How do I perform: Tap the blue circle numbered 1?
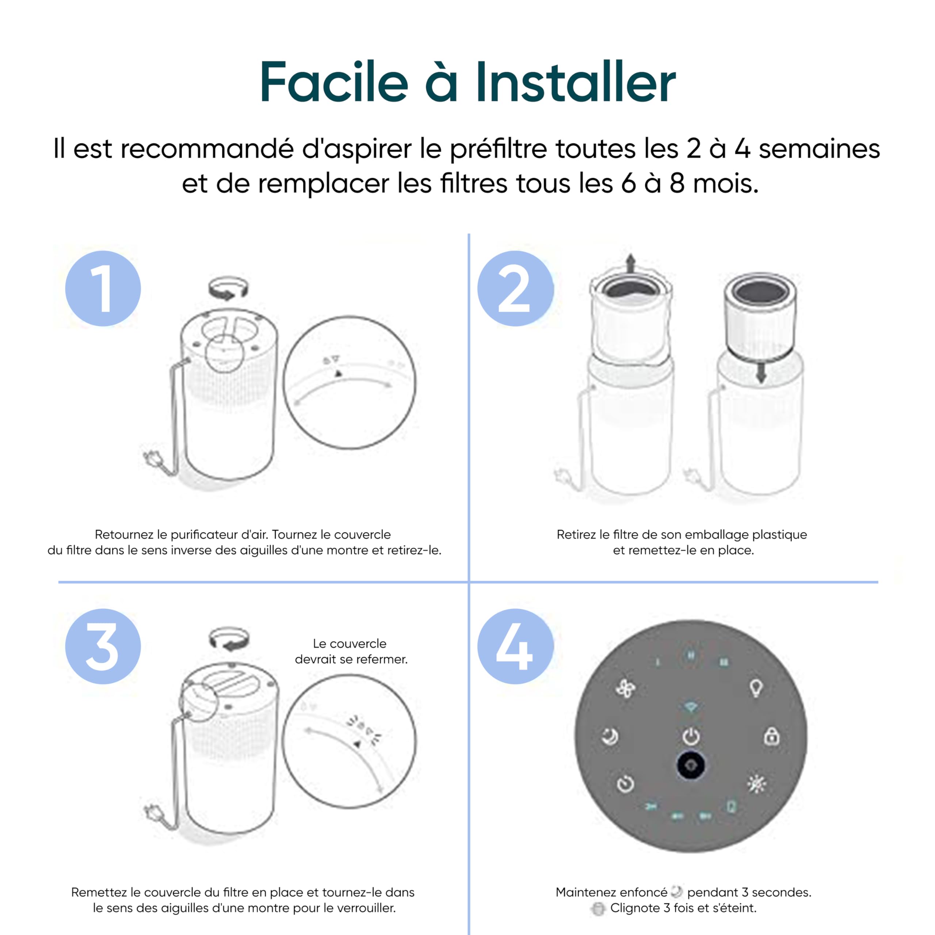[103, 289]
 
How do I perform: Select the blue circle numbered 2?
[515, 289]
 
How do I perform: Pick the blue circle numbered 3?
[103, 646]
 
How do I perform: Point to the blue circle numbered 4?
[515, 646]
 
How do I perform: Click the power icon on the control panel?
[691, 737]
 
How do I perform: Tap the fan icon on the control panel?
[625, 688]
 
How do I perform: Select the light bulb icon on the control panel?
[756, 687]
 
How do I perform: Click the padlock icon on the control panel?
[771, 737]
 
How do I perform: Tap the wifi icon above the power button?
[691, 707]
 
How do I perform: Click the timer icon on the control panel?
[625, 784]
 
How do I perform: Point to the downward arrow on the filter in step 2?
[761, 373]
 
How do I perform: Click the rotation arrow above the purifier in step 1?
[228, 289]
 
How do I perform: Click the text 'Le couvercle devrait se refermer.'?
[351, 652]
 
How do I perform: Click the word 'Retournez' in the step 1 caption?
[123, 534]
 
